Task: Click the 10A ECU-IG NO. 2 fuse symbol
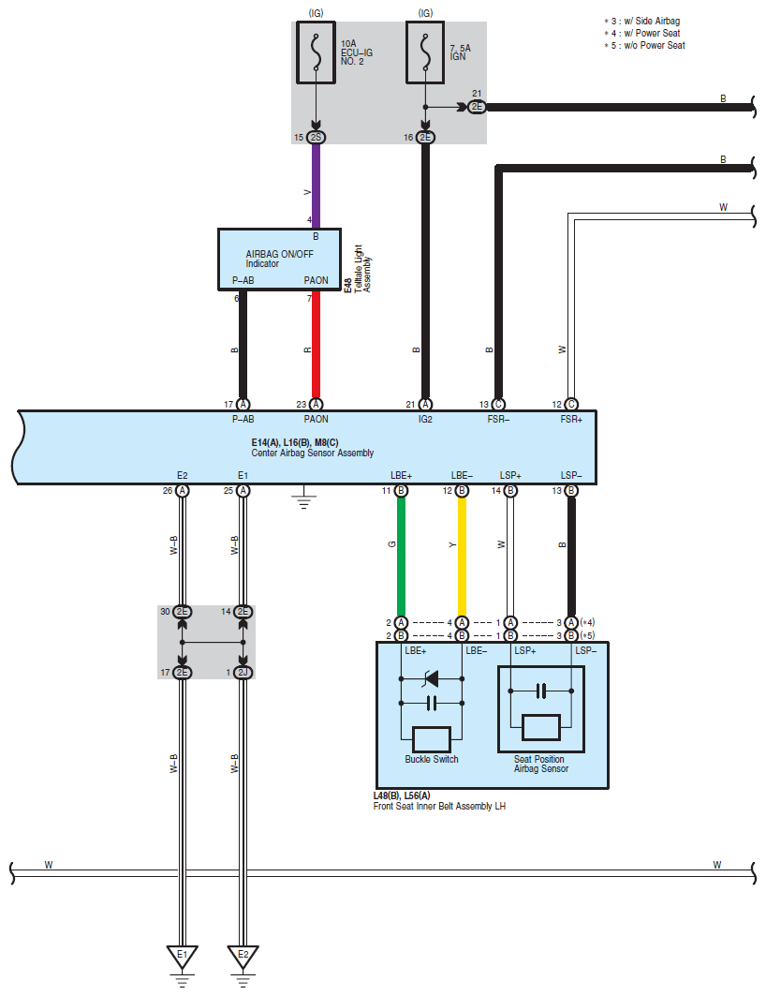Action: tap(317, 52)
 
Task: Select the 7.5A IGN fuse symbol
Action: tap(425, 52)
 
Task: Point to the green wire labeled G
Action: tap(401, 557)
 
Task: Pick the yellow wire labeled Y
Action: tap(462, 557)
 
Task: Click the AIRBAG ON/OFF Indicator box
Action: tap(279, 260)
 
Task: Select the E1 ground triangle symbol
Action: tap(183, 957)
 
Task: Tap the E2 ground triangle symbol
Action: tap(243, 957)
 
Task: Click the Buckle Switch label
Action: tap(432, 759)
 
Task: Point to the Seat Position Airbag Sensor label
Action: tap(540, 764)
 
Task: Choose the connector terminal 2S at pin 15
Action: tap(317, 137)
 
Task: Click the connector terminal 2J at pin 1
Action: tap(243, 672)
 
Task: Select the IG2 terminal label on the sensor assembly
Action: tap(425, 419)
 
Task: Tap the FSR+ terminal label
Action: tap(571, 419)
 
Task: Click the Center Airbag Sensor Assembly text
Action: tap(312, 453)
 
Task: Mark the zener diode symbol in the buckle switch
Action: tap(432, 679)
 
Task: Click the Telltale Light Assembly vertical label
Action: tap(362, 268)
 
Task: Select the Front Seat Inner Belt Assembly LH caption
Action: tap(439, 806)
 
